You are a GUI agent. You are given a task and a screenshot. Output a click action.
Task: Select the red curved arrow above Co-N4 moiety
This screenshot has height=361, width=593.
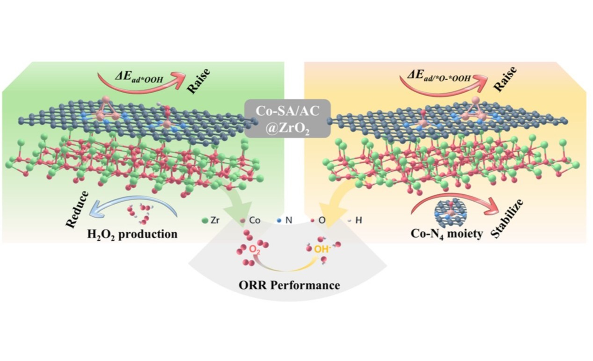[x=454, y=197]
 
